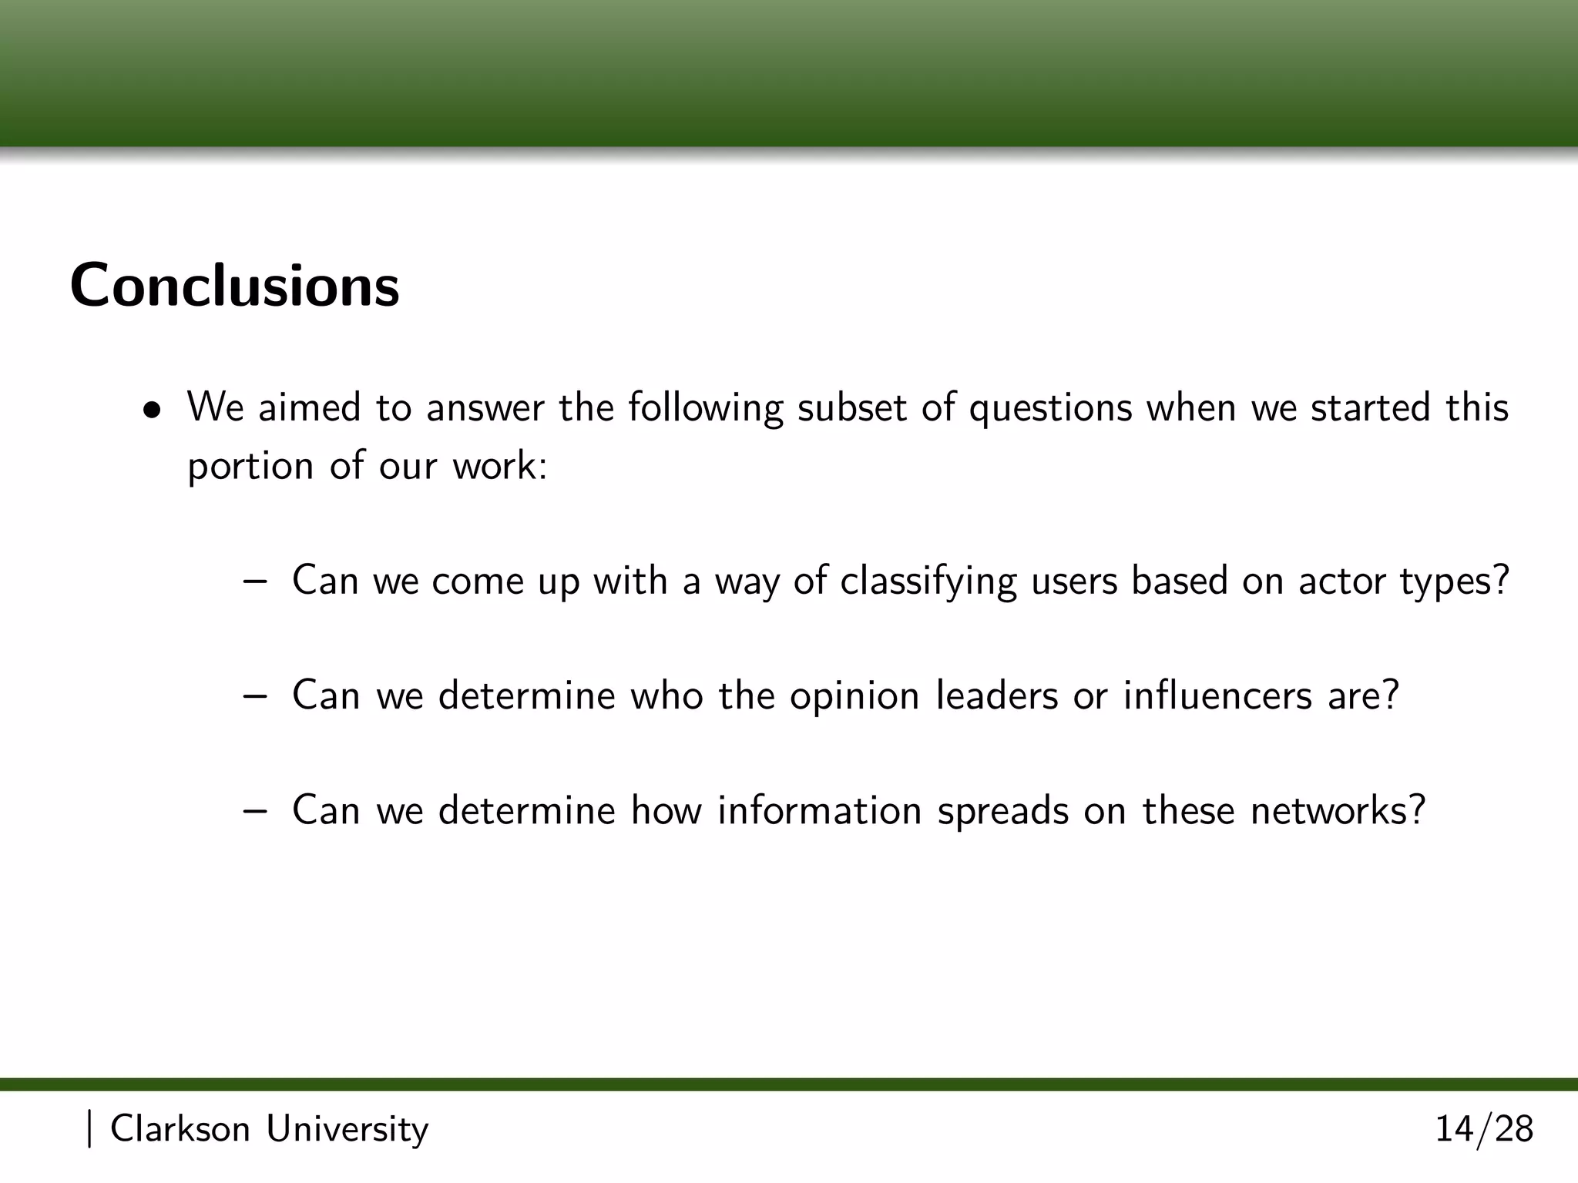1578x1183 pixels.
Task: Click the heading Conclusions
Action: [x=234, y=286]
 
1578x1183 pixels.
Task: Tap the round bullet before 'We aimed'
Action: [x=156, y=410]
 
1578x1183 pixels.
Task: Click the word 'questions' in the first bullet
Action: [x=1050, y=408]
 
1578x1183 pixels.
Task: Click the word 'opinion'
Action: [x=854, y=697]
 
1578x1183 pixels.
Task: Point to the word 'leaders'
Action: [x=996, y=695]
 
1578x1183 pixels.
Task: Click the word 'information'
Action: [x=819, y=810]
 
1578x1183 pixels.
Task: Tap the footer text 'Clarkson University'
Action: [x=269, y=1129]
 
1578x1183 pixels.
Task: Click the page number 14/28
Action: [x=1484, y=1129]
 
